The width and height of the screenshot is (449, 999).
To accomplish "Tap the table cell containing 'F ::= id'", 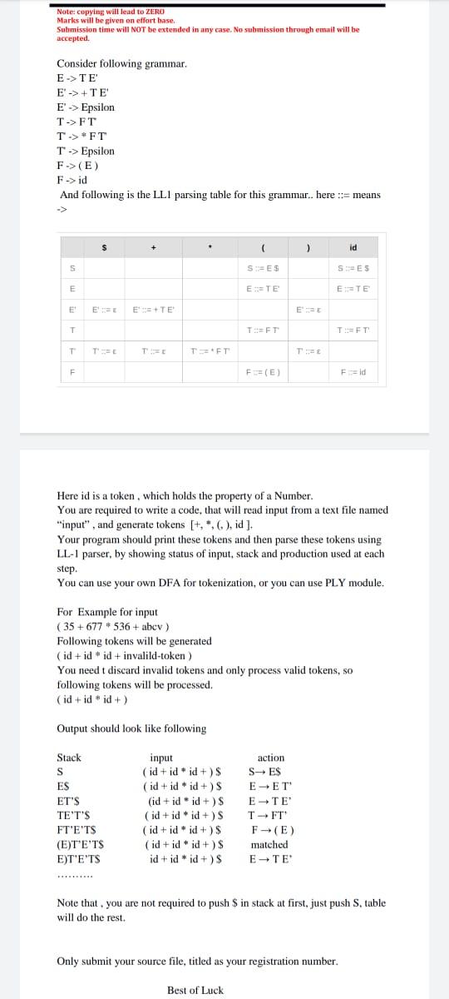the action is (353, 372).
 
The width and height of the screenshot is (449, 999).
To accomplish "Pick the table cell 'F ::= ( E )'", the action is (262, 372).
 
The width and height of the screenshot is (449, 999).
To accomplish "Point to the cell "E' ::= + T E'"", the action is (155, 310).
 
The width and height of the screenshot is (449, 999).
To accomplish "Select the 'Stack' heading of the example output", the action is (69, 758).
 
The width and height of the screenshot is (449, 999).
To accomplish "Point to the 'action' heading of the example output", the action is (271, 758).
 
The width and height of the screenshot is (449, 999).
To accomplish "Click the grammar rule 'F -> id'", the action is (72, 180).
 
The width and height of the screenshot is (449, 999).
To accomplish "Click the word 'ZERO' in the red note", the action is (155, 12).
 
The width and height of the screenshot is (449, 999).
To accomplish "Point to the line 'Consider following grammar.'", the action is (121, 63).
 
